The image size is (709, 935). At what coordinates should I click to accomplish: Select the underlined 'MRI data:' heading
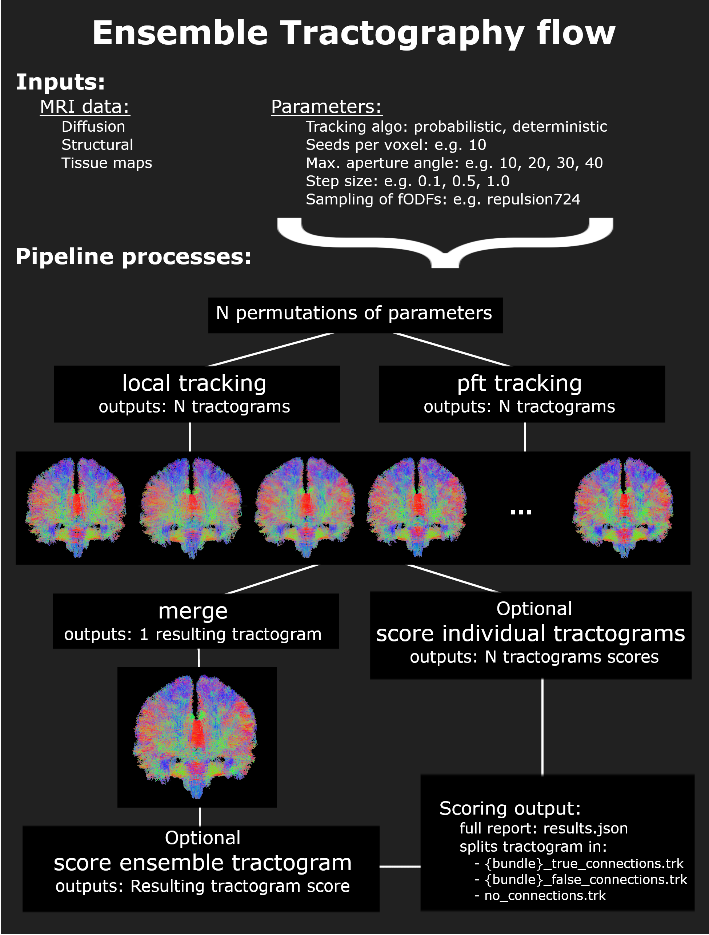[84, 107]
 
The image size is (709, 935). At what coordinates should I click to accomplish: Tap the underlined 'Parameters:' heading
[326, 107]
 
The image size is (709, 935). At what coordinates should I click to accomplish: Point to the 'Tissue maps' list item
[107, 163]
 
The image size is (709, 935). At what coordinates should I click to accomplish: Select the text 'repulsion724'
[533, 199]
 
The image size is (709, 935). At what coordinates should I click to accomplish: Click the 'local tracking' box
[197, 394]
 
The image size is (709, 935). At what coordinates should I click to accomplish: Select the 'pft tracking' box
[521, 394]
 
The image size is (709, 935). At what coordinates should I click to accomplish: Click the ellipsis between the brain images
[521, 512]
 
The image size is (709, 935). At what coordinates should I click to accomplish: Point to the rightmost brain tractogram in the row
[623, 507]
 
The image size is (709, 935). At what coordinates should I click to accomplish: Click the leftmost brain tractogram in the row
[76, 507]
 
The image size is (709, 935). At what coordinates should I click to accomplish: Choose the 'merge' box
[196, 621]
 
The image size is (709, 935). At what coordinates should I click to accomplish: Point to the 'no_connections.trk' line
[545, 896]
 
